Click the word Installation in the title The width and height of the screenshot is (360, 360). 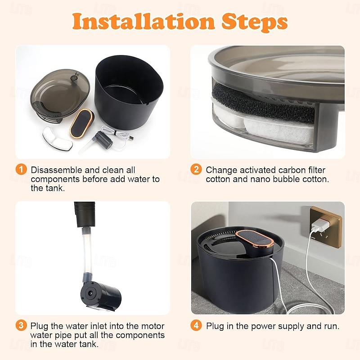click(144, 21)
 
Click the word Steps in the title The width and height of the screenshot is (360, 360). click(254, 22)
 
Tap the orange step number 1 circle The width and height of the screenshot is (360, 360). click(21, 170)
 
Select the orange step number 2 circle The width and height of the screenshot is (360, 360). click(196, 170)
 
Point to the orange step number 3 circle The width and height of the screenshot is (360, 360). click(21, 325)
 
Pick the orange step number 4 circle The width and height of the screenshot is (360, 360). click(196, 325)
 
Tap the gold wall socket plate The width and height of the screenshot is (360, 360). click(326, 227)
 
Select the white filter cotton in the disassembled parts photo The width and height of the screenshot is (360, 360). click(58, 139)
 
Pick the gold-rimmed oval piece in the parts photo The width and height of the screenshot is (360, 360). click(82, 123)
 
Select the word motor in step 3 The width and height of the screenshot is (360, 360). click(153, 326)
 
